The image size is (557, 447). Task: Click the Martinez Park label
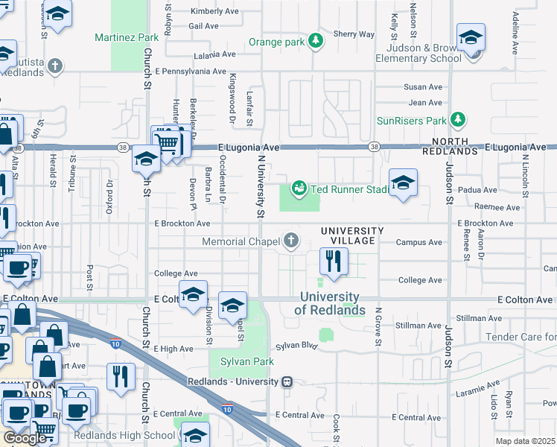[127, 37]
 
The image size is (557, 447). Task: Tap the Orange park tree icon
[316, 41]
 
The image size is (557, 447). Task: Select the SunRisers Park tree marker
[458, 120]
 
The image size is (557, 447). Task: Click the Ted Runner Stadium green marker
[299, 188]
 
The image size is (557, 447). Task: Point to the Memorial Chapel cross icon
[291, 241]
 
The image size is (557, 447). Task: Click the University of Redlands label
[330, 304]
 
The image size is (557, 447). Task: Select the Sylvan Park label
[246, 361]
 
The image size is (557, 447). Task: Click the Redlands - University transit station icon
[285, 381]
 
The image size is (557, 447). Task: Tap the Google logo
[25, 438]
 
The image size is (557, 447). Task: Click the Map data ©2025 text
[525, 441]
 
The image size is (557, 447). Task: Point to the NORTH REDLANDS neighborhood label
[450, 146]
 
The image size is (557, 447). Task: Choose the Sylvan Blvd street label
[296, 346]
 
